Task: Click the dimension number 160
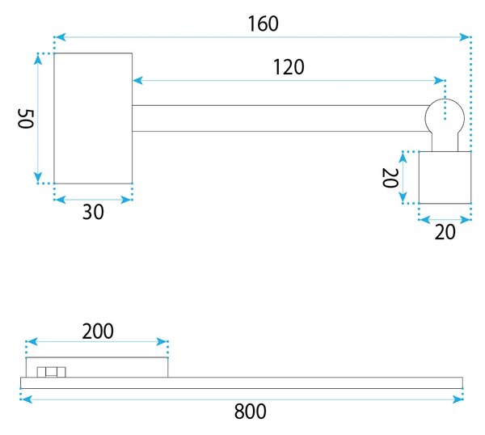[x=264, y=23]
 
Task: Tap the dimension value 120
[x=289, y=67]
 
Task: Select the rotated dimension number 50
[x=25, y=119]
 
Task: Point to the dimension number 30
[x=93, y=212]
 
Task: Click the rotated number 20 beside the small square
[x=390, y=178]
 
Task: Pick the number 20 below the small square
[x=445, y=232]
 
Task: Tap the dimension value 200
[x=98, y=332]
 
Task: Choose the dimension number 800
[x=251, y=412]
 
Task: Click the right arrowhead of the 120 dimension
[x=439, y=81]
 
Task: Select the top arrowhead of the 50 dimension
[x=38, y=60]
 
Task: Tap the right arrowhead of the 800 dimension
[x=458, y=399]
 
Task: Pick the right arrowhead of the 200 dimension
[x=162, y=342]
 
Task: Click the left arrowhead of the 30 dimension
[x=61, y=200]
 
